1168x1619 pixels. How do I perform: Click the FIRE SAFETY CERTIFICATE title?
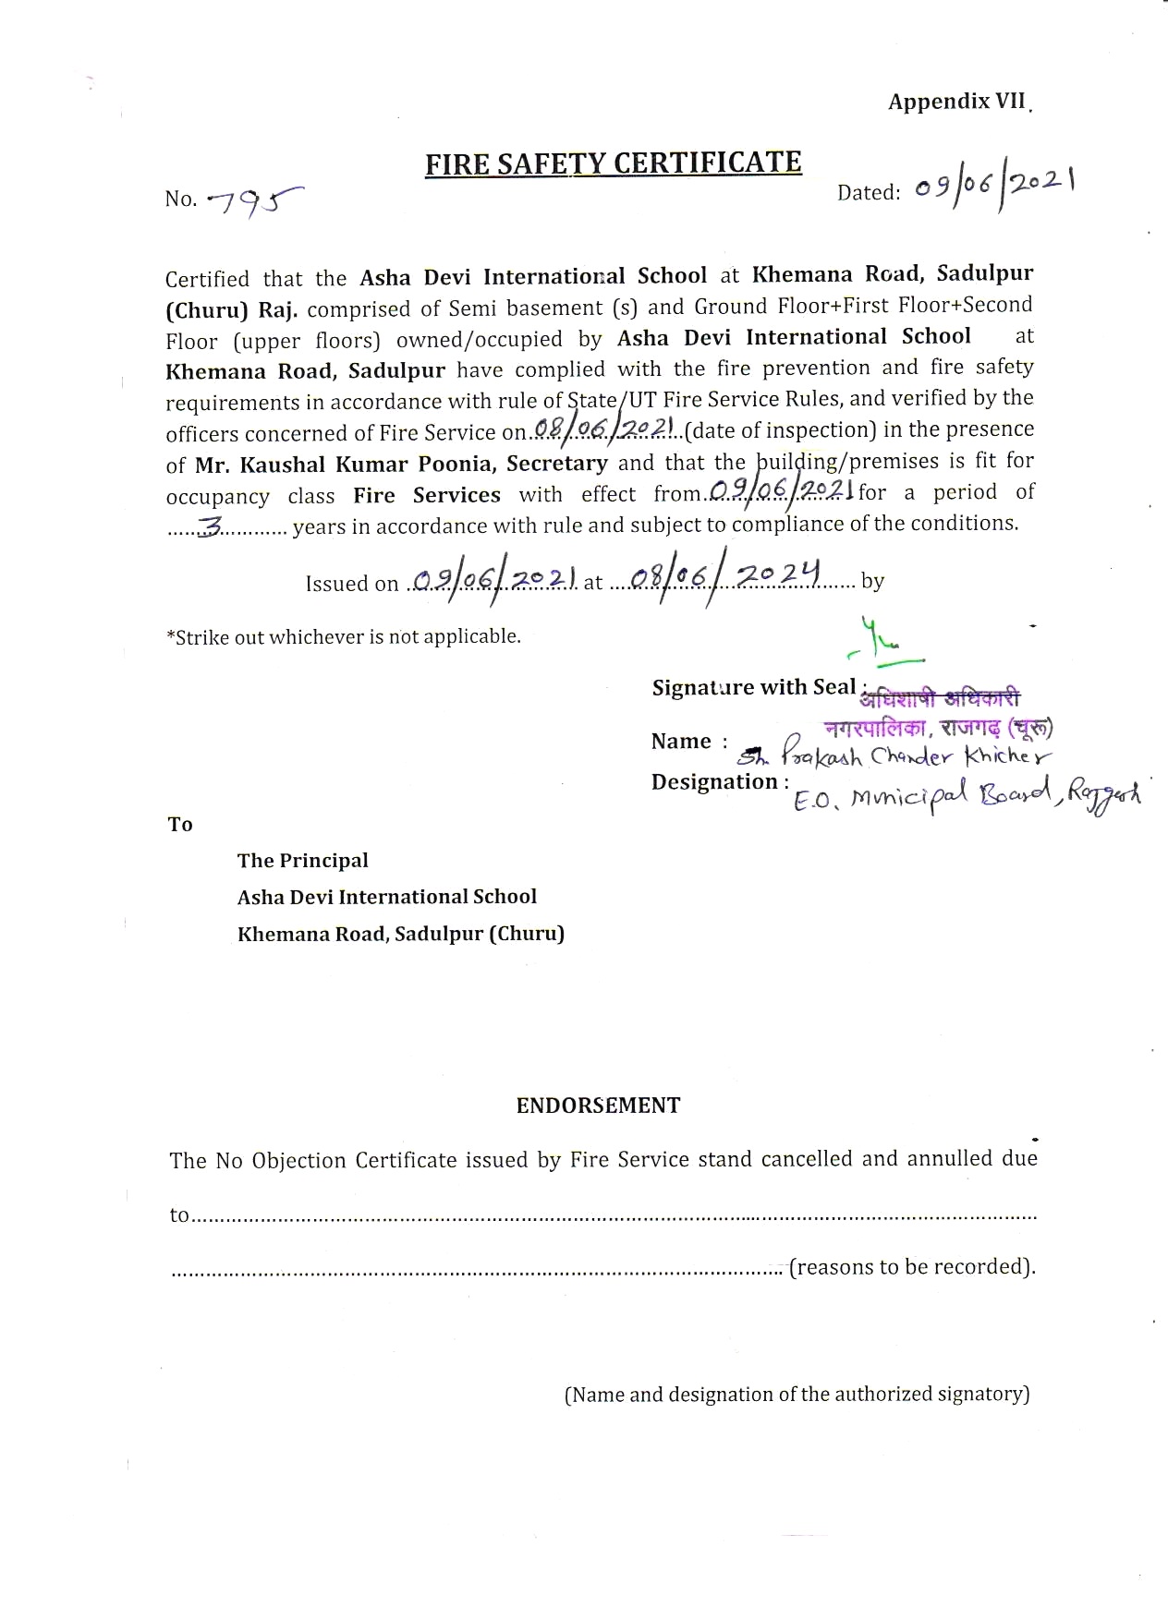(x=613, y=163)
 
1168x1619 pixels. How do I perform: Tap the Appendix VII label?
(x=956, y=102)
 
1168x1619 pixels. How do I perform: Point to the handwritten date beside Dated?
(x=994, y=187)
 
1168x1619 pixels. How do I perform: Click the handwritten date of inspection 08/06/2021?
(x=606, y=429)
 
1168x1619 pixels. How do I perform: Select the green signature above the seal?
(x=882, y=643)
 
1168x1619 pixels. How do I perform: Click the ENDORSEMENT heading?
(x=598, y=1106)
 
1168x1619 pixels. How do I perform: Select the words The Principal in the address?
(x=302, y=861)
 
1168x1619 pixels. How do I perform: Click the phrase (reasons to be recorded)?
(x=912, y=1266)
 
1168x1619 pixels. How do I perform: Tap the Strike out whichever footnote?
(x=343, y=636)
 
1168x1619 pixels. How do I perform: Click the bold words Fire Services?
(x=426, y=495)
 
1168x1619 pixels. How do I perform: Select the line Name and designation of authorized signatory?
(x=797, y=1394)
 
